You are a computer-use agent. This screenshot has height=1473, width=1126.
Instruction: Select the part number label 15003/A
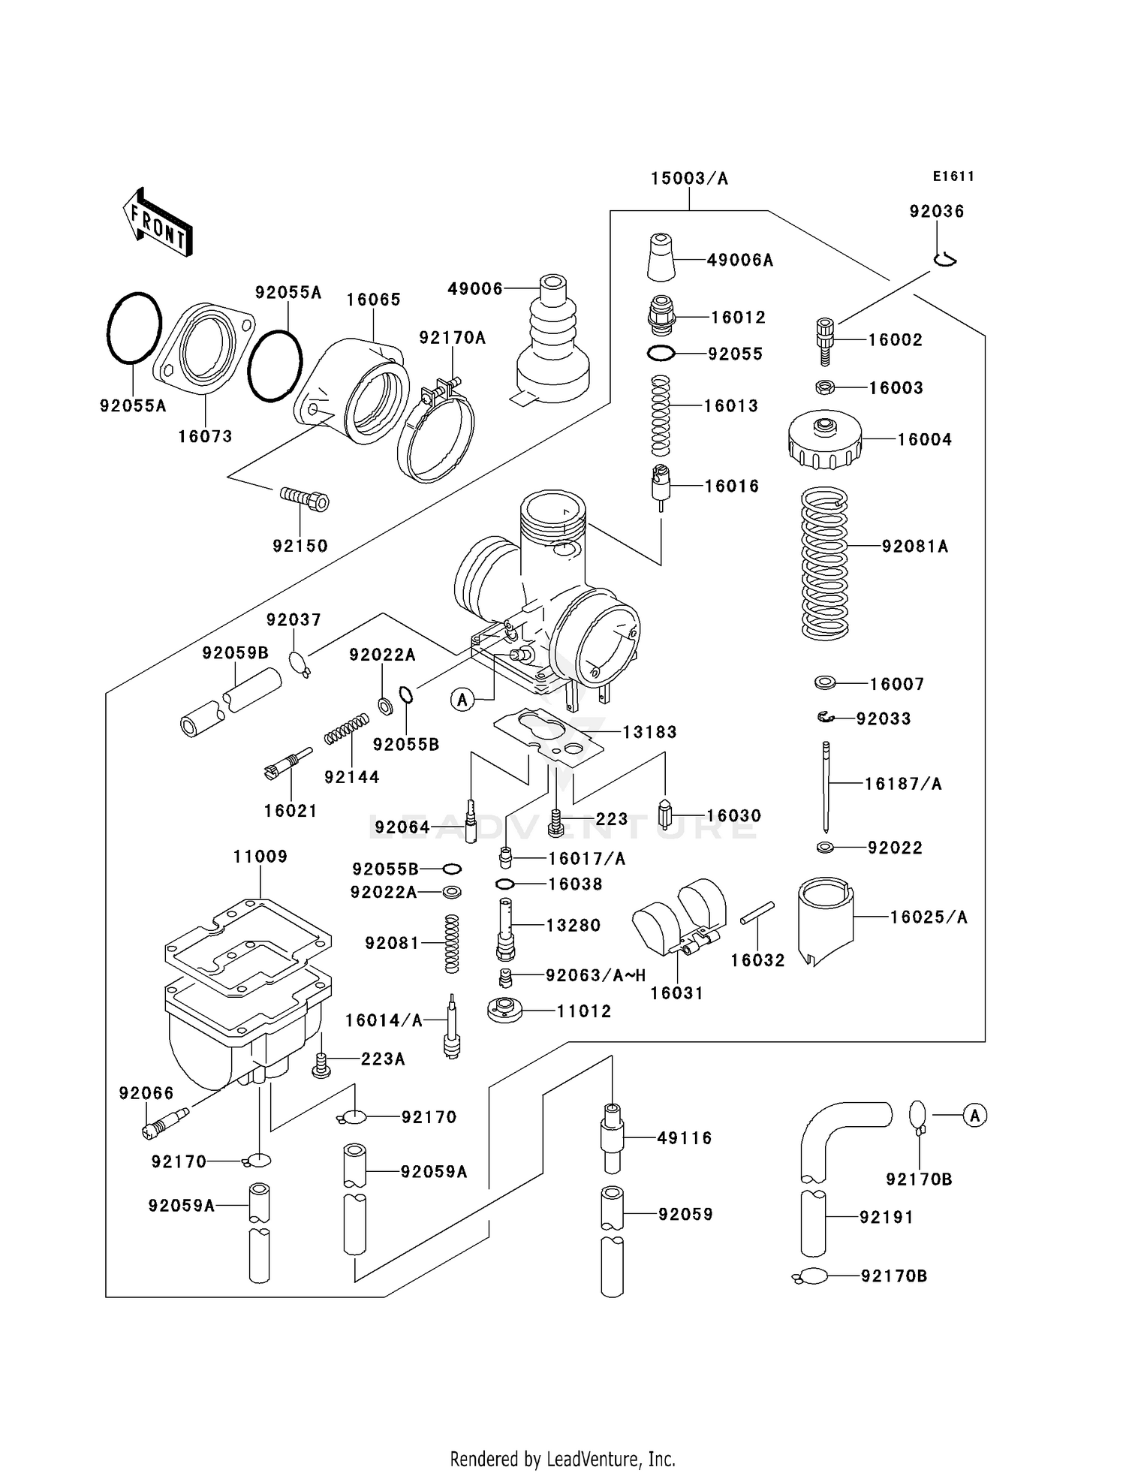(x=689, y=179)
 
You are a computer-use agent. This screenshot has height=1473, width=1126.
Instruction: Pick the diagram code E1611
(x=953, y=176)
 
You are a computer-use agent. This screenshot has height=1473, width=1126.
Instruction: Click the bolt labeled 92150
(x=305, y=499)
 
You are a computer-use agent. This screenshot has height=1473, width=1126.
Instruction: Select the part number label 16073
(x=205, y=436)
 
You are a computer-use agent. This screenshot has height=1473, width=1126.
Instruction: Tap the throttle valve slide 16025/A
(x=825, y=920)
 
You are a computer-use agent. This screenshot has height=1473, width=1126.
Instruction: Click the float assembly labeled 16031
(x=679, y=920)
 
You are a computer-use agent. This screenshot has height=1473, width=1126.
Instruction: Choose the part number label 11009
(x=260, y=857)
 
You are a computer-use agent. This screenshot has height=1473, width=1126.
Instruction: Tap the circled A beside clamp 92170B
(x=974, y=1116)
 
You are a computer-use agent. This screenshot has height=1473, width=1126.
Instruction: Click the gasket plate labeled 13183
(x=549, y=736)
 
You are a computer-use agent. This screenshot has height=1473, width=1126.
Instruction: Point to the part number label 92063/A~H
(x=595, y=975)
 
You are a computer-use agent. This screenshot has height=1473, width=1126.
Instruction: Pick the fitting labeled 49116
(x=613, y=1137)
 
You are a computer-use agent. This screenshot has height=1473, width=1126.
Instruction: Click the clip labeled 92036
(x=945, y=259)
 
